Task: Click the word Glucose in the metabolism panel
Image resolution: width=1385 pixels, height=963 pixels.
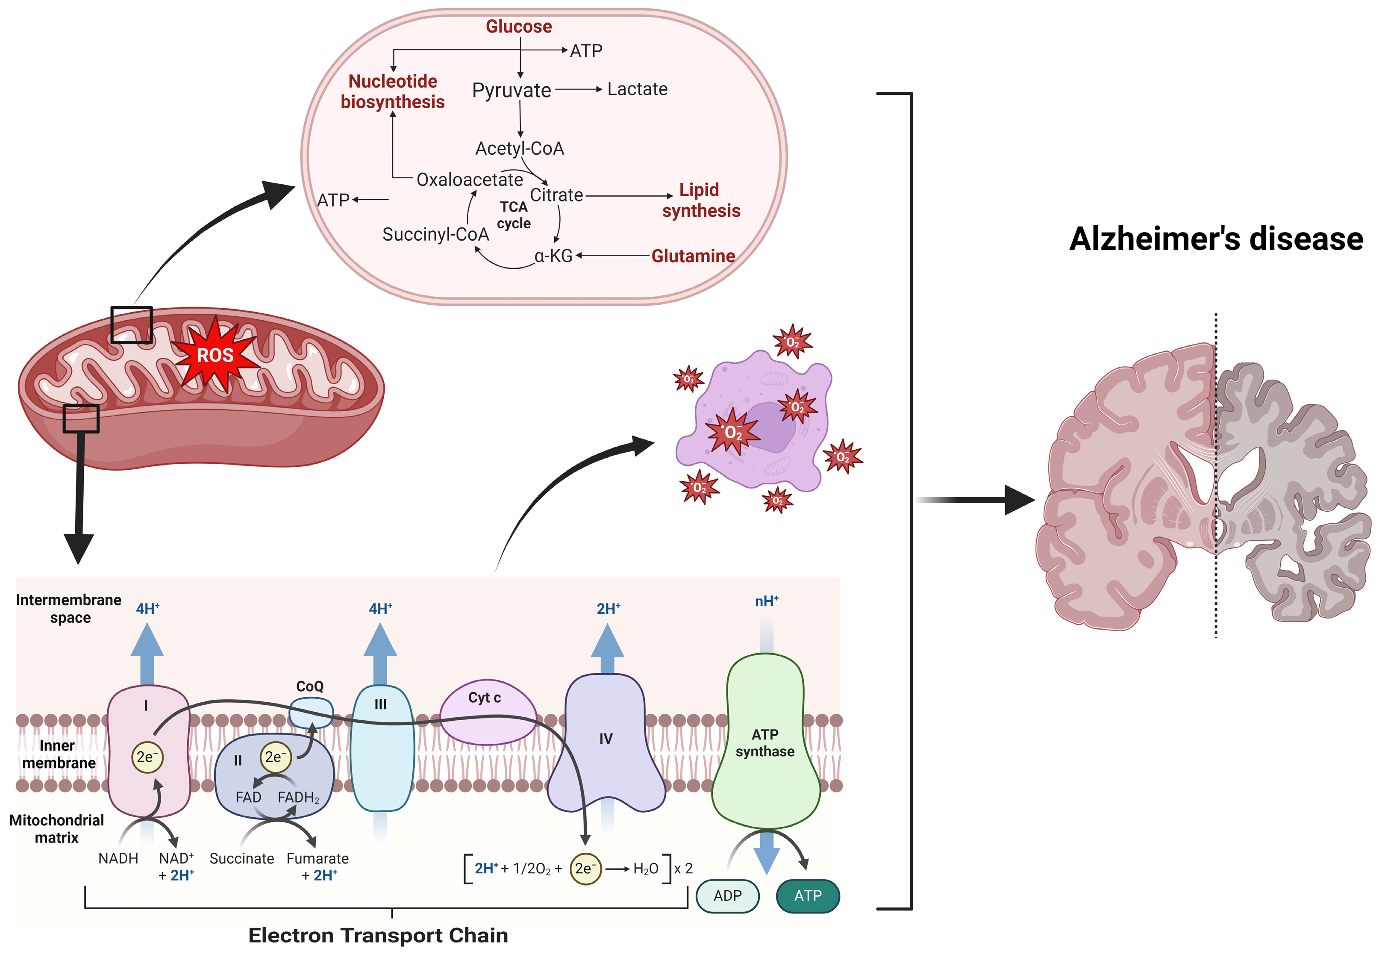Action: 519,27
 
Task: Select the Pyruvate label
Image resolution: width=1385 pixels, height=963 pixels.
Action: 511,91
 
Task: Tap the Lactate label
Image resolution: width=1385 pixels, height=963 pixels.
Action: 637,89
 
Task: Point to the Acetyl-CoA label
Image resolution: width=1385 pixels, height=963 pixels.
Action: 519,148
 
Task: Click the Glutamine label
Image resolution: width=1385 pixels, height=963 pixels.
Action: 693,256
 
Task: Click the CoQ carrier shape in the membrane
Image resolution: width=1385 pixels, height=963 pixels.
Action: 311,712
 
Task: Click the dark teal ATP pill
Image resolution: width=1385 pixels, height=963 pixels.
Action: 807,895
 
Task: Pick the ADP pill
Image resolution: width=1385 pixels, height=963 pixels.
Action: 727,895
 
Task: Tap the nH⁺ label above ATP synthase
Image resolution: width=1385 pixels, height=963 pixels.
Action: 767,601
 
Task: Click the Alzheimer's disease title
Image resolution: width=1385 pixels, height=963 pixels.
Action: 1216,239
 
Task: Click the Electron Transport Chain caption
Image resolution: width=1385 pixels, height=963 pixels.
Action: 378,935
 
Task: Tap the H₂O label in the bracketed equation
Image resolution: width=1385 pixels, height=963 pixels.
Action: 645,869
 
